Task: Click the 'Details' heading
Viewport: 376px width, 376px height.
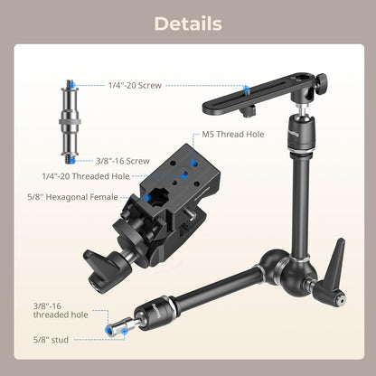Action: [x=187, y=24]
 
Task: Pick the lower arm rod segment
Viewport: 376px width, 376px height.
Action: [x=199, y=294]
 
